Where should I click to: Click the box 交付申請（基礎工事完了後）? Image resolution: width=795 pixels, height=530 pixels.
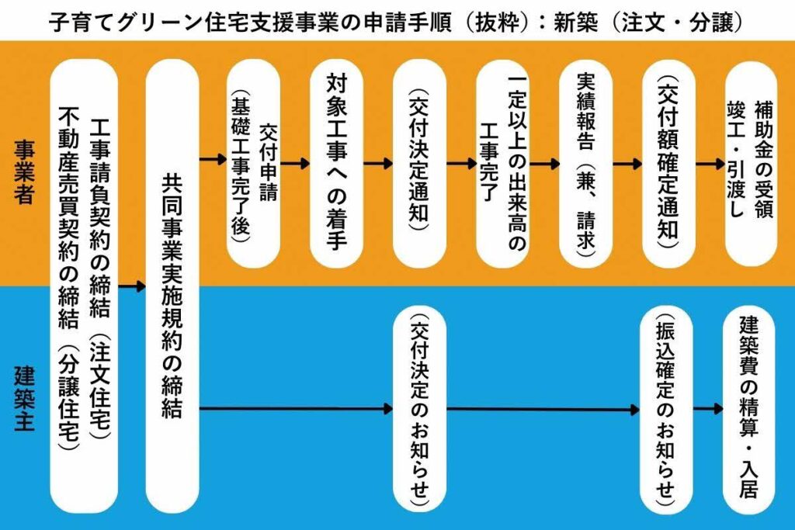pyautogui.click(x=253, y=162)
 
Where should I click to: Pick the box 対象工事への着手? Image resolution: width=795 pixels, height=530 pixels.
pyautogui.click(x=336, y=162)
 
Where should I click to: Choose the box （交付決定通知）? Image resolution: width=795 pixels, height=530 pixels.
pyautogui.click(x=419, y=162)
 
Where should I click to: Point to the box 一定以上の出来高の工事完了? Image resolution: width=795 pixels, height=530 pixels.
pyautogui.click(x=502, y=162)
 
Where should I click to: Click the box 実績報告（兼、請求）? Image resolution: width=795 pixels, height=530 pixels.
pyautogui.click(x=585, y=162)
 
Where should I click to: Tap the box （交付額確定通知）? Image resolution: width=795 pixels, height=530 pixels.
pyautogui.click(x=668, y=162)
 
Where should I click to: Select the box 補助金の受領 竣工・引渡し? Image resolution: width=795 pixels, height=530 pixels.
pyautogui.click(x=750, y=162)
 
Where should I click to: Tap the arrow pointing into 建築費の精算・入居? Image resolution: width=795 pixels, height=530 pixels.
pyautogui.click(x=708, y=409)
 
